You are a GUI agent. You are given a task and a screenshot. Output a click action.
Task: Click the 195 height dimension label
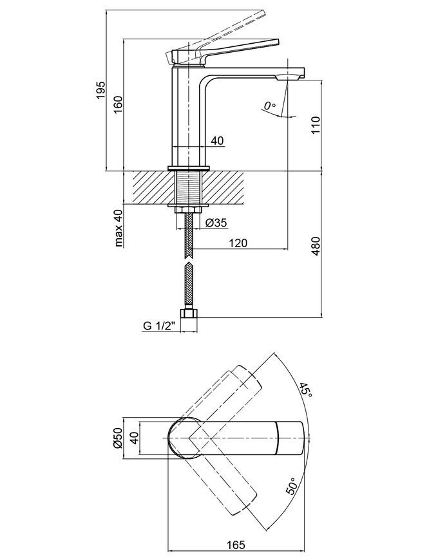[x=101, y=90]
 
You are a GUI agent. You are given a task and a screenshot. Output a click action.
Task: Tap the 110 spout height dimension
[x=316, y=125]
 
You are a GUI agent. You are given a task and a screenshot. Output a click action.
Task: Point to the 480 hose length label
[x=316, y=245]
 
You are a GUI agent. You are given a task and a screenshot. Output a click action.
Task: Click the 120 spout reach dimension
[x=238, y=243]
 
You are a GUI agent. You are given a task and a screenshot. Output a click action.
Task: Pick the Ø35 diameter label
[x=216, y=223]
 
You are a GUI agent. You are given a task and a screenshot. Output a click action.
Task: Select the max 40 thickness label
[x=119, y=228]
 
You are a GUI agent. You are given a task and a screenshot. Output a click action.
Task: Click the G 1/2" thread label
[x=160, y=326]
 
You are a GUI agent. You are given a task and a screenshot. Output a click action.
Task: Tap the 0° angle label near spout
[x=270, y=106]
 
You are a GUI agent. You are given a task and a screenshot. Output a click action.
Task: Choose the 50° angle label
[x=292, y=486]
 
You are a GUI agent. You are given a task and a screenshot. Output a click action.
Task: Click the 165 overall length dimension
[x=236, y=545]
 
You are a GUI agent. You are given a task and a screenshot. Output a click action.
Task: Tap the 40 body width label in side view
[x=217, y=141]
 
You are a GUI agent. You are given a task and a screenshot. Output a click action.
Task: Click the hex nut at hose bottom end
[x=189, y=313]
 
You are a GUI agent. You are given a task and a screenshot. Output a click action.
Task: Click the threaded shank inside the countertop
[x=188, y=187]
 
